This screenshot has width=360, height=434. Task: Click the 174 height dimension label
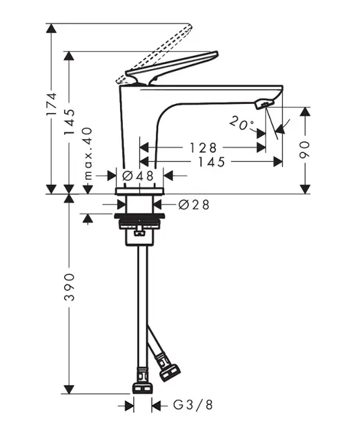pos(52,104)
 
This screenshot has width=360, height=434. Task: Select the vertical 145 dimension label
pos(69,121)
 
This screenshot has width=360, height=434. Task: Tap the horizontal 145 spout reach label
pos(212,162)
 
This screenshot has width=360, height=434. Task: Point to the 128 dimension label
pos(203,148)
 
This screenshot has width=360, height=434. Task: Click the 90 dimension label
pos(305,149)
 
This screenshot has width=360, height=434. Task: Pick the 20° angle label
pos(241,123)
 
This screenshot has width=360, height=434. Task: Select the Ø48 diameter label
pos(138,176)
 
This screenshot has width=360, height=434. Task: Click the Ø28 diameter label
pos(194,205)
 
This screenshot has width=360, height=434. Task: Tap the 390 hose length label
pos(69,287)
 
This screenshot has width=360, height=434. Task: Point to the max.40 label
pos(88,154)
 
